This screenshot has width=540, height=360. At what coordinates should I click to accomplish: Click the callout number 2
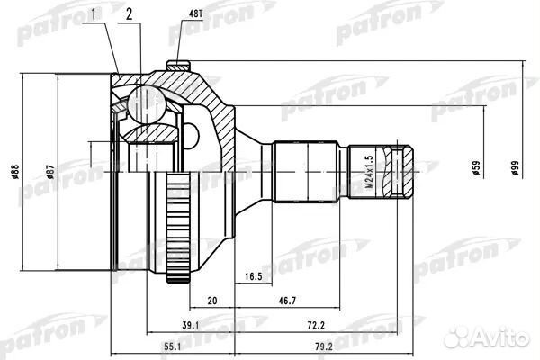pos(130,14)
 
